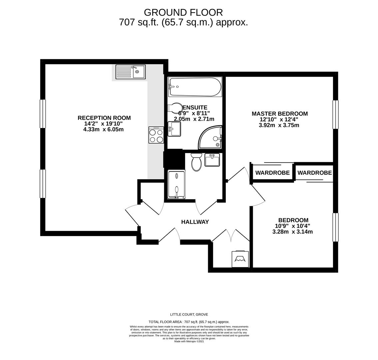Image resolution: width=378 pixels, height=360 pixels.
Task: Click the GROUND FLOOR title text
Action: (183, 12)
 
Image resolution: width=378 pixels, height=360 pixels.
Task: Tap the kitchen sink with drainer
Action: (131, 72)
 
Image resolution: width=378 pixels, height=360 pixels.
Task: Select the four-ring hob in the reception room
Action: (156, 135)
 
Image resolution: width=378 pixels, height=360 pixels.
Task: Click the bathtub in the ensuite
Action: (195, 87)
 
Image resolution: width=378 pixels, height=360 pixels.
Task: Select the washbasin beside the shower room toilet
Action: (212, 160)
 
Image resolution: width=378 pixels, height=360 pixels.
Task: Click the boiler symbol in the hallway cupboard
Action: (240, 259)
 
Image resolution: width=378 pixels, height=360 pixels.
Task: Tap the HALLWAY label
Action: (195, 222)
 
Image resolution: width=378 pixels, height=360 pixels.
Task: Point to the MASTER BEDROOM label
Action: (279, 114)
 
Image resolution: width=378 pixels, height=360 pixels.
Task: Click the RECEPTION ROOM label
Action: (104, 118)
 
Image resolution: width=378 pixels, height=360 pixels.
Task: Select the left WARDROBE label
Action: (272, 173)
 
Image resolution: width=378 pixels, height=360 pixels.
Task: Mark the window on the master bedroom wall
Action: (335, 114)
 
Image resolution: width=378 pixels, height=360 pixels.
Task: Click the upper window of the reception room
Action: (43, 114)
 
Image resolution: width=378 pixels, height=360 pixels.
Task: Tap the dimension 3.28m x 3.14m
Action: (292, 232)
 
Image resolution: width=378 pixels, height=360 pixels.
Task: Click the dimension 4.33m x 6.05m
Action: (103, 129)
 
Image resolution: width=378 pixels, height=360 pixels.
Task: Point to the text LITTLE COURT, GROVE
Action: (189, 314)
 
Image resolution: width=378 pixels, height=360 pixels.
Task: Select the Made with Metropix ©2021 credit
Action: (189, 341)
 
